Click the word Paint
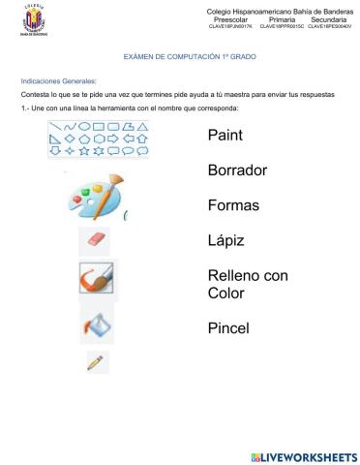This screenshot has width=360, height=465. tap(225, 136)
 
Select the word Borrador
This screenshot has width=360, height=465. tap(237, 170)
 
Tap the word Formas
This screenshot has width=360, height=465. tap(232, 205)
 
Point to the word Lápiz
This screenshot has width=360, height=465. tap(226, 240)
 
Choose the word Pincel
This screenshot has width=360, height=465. tap(228, 328)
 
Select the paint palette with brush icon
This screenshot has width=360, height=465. tap(95, 198)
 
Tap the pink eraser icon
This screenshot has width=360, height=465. tap(94, 239)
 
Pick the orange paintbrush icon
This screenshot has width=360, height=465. tap(96, 279)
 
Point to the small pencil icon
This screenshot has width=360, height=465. tap(95, 362)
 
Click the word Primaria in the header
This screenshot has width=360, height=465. tap(282, 18)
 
